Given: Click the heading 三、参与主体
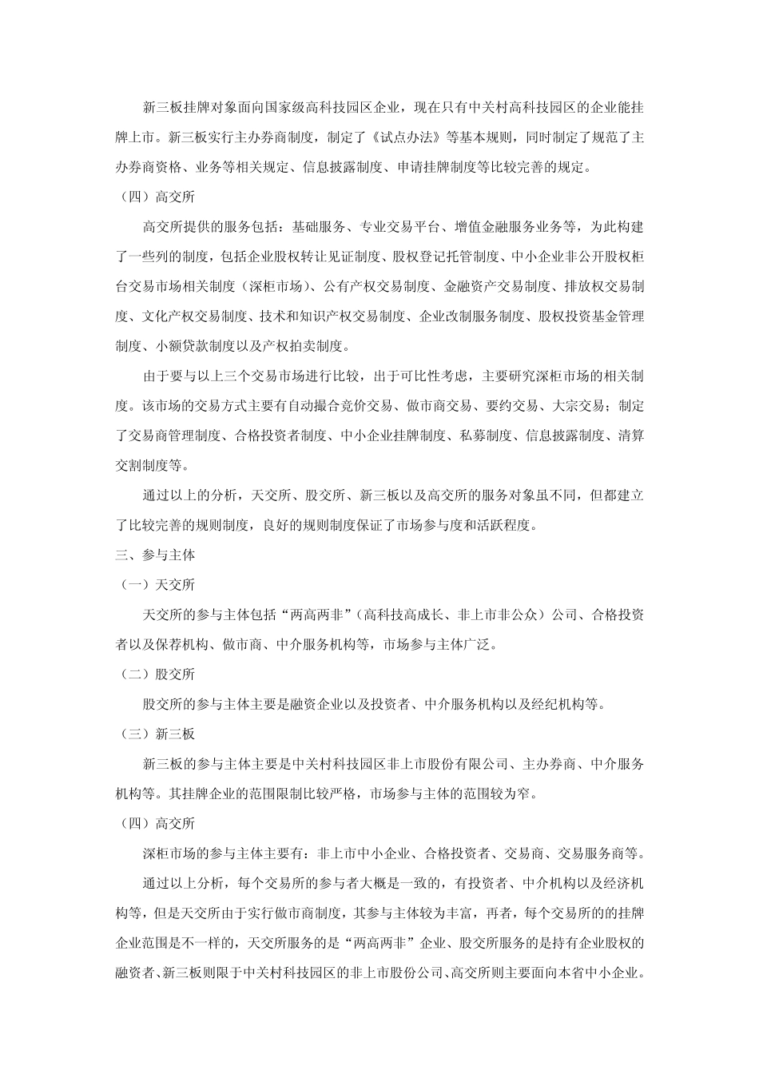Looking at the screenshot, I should click(155, 554).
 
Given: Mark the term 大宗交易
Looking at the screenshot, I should click(578, 405).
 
